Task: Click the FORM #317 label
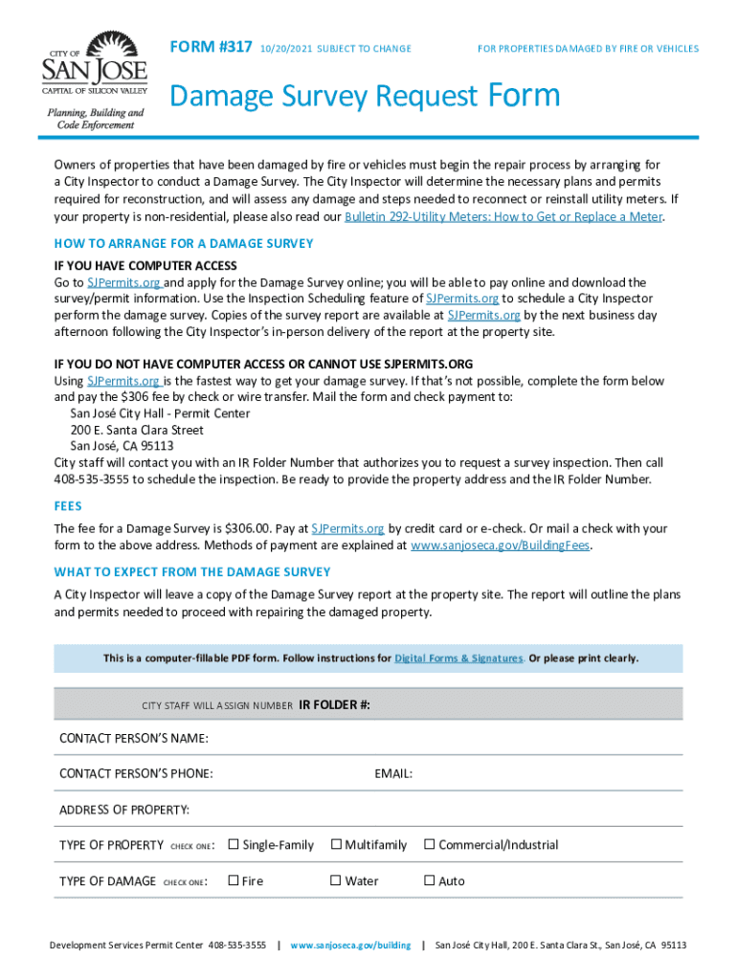(211, 48)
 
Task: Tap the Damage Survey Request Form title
(364, 97)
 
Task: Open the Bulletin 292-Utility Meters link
(502, 216)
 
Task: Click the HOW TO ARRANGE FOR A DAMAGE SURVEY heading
(184, 244)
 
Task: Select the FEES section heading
(68, 506)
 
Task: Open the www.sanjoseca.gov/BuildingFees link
(500, 546)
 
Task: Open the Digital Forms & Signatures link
(458, 658)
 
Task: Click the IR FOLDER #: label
(334, 705)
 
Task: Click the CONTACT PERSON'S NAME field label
(134, 738)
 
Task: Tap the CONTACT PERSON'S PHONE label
(136, 773)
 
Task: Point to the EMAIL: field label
(393, 773)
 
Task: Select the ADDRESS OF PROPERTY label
(124, 810)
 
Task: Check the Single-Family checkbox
(234, 844)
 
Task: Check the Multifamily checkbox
(336, 844)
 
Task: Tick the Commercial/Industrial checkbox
(430, 844)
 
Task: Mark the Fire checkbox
(234, 880)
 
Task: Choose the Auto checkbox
(430, 880)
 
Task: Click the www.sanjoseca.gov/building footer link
(350, 946)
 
